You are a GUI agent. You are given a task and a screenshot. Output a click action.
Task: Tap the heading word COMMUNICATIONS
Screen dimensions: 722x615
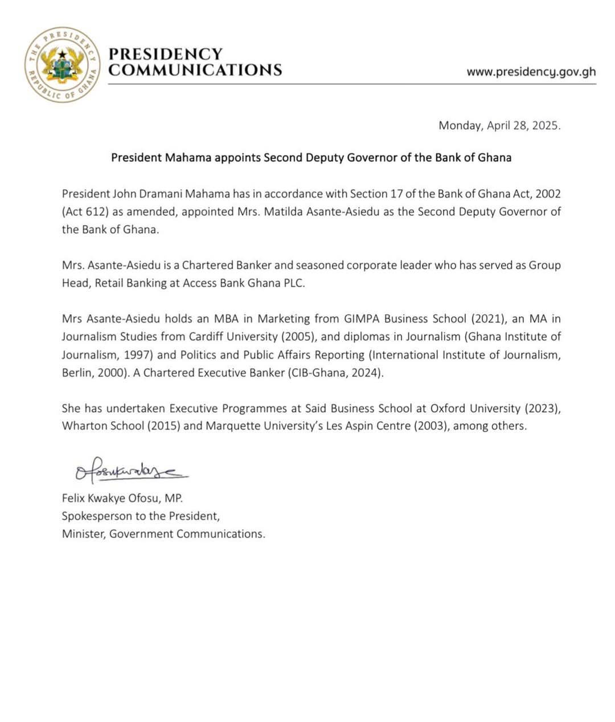(x=195, y=70)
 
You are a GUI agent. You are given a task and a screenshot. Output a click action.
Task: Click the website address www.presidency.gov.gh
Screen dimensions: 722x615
(x=531, y=72)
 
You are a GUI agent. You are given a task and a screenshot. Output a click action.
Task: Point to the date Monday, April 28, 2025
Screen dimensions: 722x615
(x=499, y=126)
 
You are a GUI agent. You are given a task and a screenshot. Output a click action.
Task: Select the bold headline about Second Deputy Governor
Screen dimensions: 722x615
(x=311, y=158)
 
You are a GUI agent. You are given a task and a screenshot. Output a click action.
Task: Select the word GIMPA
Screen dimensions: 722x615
(x=362, y=319)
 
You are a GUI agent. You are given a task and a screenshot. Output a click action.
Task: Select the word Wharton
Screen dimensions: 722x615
(x=85, y=426)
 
